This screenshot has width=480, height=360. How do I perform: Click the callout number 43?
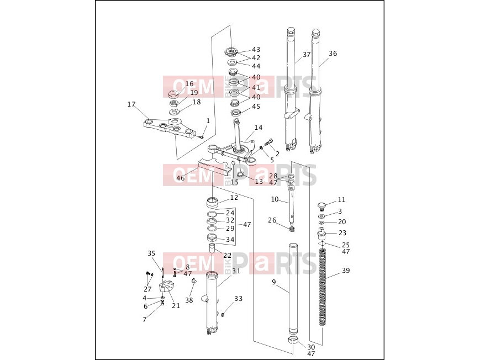pos(256,50)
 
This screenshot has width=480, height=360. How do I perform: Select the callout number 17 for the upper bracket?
pos(131,104)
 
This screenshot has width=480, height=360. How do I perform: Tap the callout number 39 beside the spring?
pos(346,271)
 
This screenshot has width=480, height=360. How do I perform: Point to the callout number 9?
pos(274,282)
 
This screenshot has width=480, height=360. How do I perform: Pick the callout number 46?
pos(181,178)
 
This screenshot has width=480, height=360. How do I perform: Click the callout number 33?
pos(239,299)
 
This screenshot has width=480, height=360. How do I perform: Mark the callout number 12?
pos(234,198)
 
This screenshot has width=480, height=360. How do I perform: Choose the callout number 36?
pos(333,54)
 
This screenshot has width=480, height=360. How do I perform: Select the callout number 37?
pos(307,55)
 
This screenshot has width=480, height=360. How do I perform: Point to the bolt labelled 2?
pos(269,142)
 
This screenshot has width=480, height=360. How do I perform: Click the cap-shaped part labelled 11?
pos(321,207)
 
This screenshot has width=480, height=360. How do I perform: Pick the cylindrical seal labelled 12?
pos(213,202)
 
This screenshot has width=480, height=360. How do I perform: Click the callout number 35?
pos(151,253)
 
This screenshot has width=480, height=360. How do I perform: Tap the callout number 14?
pos(259,128)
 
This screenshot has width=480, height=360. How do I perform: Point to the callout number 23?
pos(342,233)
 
